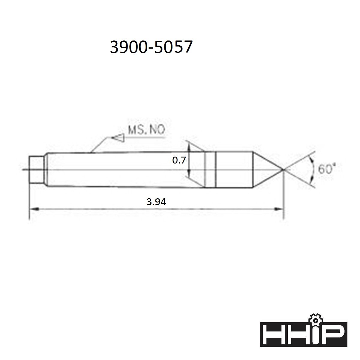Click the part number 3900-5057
coord(151,47)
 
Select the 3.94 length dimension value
coord(156,202)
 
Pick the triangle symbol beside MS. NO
coord(118,138)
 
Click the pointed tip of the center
coord(283,170)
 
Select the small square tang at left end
coord(36,170)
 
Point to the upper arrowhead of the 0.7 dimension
coord(189,146)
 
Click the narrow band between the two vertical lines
coord(210,170)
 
